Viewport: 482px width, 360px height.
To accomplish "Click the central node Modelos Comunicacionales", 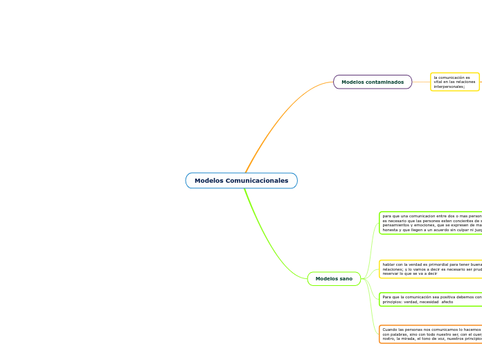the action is click(241, 181).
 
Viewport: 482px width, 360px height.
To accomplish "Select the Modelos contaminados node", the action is click(373, 82).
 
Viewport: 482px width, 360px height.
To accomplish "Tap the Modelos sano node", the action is click(334, 279).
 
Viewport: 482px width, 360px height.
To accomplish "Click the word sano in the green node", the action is click(346, 279).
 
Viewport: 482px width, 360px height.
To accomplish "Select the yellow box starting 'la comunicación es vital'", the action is click(454, 82).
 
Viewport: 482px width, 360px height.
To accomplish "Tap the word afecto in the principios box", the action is click(447, 302).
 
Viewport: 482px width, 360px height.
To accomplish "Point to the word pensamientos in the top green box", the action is click(395, 226).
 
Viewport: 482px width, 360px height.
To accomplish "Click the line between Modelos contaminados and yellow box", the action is click(421, 82).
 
